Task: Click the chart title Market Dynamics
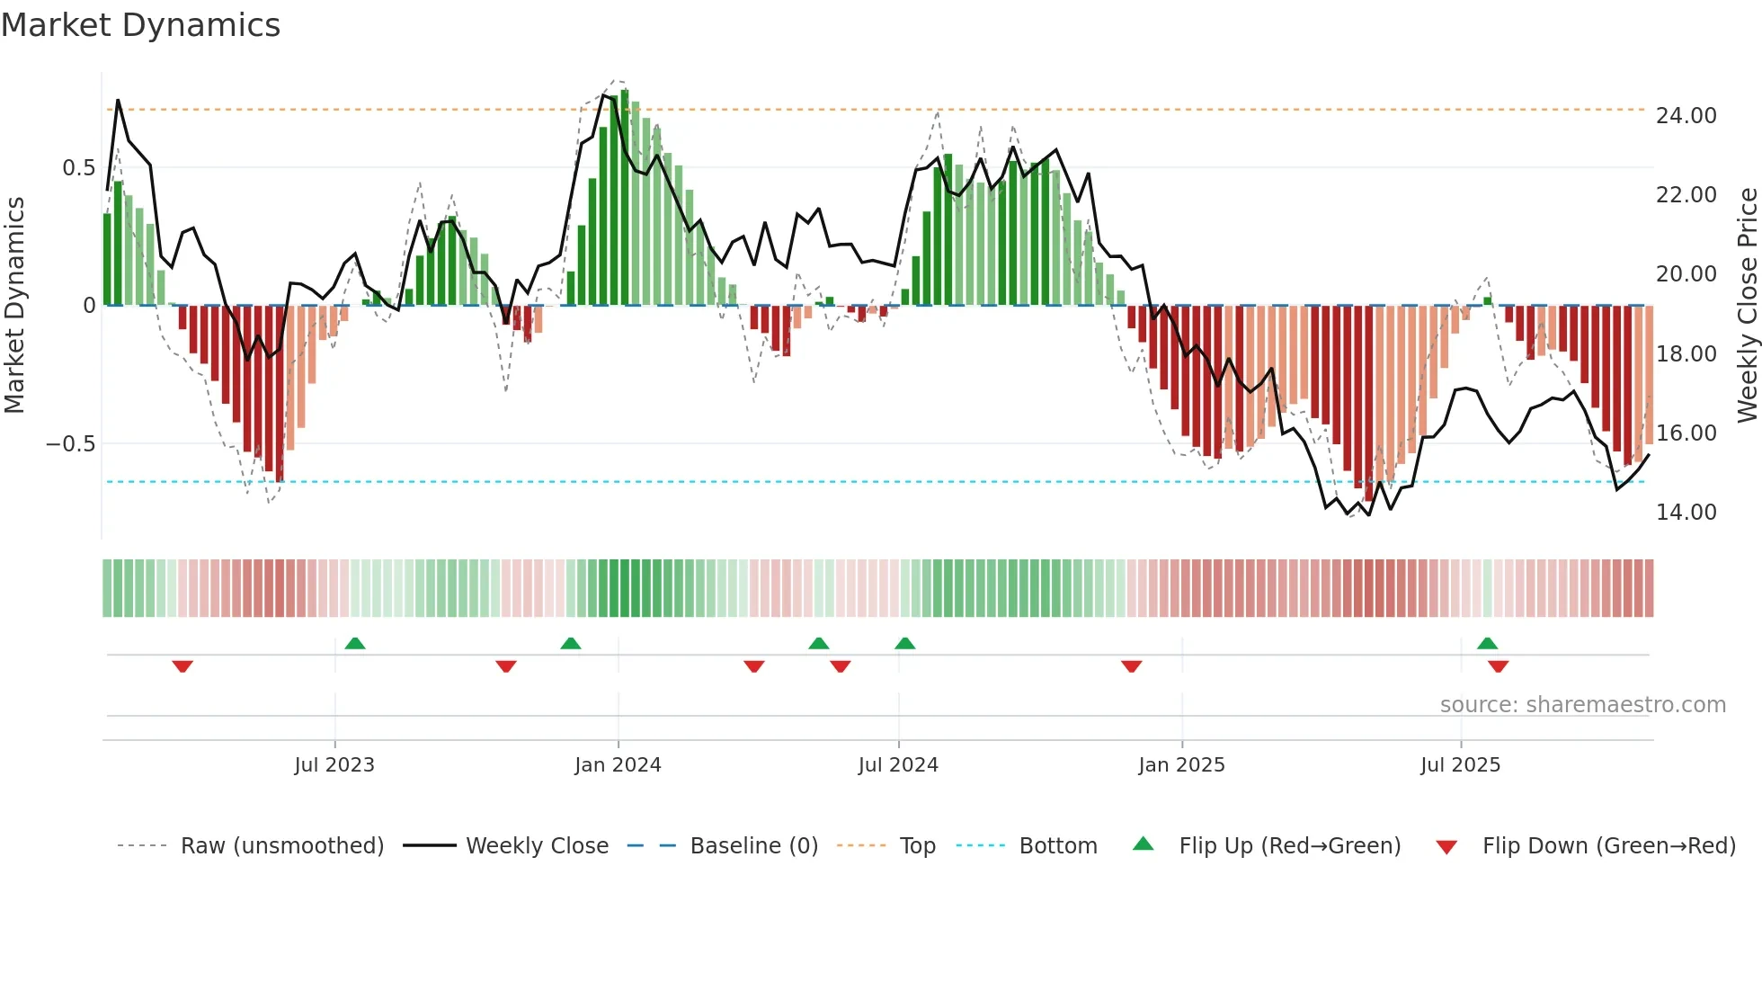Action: point(140,25)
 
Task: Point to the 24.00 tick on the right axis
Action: point(1686,116)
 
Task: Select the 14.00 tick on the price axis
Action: point(1686,513)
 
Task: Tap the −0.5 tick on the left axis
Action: point(70,444)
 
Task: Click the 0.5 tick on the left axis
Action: point(78,168)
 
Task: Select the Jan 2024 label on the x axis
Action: point(618,765)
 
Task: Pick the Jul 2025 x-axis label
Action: point(1460,765)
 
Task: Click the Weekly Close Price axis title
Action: point(1747,306)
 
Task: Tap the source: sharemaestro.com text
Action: point(1582,705)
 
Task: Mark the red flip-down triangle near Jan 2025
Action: point(1131,666)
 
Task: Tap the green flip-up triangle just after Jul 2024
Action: point(905,643)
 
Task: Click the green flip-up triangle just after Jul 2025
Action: point(1487,643)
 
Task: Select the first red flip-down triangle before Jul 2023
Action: point(182,666)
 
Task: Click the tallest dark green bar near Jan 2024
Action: point(625,198)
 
